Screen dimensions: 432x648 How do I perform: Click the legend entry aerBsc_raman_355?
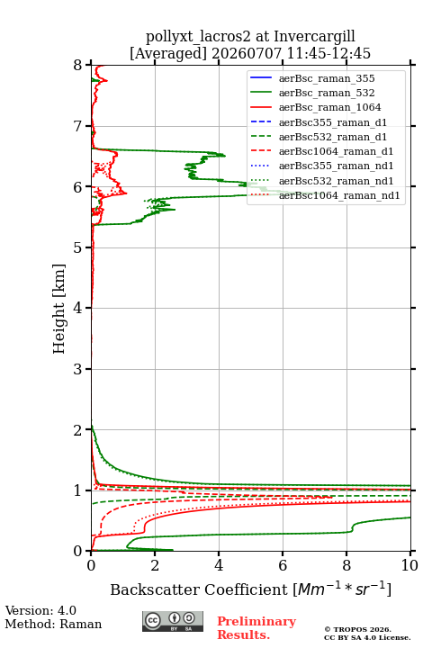pos(327,78)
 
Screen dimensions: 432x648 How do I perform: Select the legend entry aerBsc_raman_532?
pos(327,93)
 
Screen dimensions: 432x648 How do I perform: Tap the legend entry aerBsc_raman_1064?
pos(330,107)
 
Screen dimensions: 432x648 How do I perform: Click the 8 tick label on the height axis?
pos(78,65)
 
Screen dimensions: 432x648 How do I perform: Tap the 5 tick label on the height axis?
pos(78,247)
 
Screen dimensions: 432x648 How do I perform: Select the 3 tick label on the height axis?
pos(78,369)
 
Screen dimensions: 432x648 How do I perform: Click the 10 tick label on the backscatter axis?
pos(409,565)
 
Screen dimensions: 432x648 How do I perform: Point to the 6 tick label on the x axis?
pos(283,565)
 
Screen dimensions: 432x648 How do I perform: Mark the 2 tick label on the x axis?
pos(155,565)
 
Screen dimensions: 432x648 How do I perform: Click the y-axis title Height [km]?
pos(59,309)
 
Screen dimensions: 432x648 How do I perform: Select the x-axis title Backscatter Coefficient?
pos(199,589)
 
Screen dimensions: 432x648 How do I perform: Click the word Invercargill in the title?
pos(315,36)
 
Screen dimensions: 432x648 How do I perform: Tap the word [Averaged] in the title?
pos(168,53)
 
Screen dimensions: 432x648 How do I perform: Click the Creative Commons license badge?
pos(173,621)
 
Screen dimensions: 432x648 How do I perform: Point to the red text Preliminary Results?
pos(256,627)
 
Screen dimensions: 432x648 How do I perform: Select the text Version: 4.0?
pos(40,610)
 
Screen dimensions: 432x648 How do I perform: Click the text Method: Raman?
pos(53,624)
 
